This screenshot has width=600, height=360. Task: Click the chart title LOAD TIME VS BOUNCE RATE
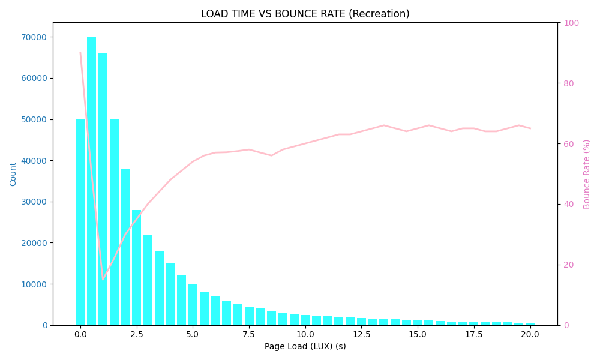coord(305,14)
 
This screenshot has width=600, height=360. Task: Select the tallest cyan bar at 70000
coord(91,180)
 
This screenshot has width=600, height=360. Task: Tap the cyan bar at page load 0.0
coord(80,222)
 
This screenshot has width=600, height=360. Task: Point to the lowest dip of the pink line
coord(103,279)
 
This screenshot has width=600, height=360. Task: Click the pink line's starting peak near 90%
coord(80,53)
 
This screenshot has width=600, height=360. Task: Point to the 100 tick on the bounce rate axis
coord(571,23)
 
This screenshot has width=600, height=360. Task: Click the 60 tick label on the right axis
coord(568,144)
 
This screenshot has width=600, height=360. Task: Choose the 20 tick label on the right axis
coord(568,265)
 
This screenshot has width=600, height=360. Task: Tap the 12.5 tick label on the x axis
coord(361,334)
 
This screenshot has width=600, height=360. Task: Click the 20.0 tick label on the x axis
coord(530,334)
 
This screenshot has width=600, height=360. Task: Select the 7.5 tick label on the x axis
coord(249,334)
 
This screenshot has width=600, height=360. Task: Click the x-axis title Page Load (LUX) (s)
coord(305,346)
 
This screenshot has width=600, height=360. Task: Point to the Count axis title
coord(13,174)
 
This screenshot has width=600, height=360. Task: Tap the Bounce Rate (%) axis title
coord(587,174)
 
